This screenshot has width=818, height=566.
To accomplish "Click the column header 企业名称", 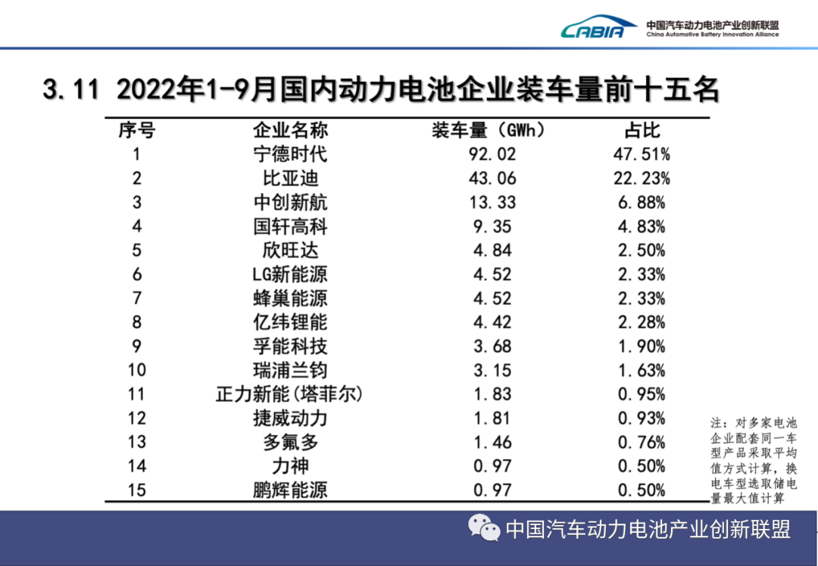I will pos(289,130).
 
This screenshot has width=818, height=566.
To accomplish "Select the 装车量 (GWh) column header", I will pos(489,130).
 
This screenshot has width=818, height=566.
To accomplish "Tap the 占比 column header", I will pos(641,130).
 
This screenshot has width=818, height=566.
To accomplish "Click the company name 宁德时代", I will pos(289,154).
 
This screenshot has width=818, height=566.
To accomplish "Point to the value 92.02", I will pos(492,154).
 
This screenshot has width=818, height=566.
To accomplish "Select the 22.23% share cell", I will pos(641,179).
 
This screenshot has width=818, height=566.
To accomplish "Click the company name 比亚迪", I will pos(289,179).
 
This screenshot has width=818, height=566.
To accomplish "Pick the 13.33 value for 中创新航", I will pos(492,203).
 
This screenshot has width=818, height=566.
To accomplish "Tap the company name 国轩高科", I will pos(289,226).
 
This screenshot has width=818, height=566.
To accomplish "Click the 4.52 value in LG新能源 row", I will pos(492,274).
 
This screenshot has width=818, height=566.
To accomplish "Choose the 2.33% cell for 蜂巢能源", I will pos(641,298).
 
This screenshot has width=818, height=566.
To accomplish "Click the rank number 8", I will pos(136,322).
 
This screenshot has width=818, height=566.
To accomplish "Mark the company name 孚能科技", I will pos(289,346).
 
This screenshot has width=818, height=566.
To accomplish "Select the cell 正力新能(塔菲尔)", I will pos(289,394).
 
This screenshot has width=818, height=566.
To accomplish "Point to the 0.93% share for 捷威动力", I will pos(641,418).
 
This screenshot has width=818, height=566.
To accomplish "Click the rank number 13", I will pos(136,442).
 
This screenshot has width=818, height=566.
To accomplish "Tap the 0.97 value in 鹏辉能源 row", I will pos(492,490).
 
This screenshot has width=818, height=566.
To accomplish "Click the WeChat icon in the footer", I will pos(483,528).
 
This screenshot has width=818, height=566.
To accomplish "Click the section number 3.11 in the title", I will pos(71,91).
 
